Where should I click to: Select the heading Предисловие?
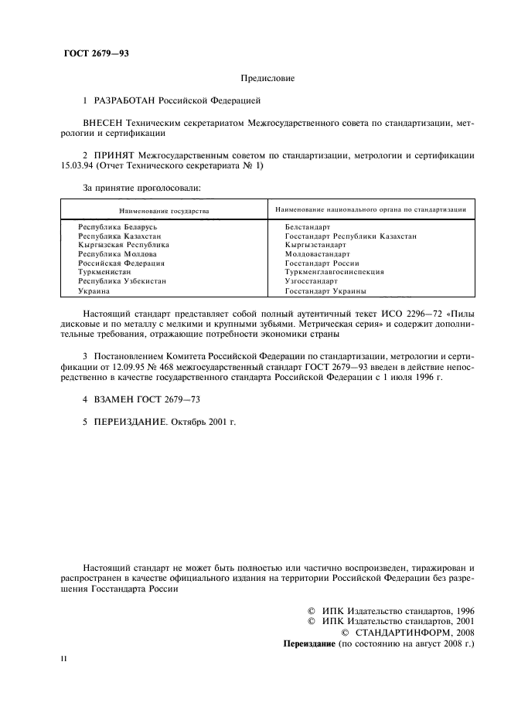tap(267, 78)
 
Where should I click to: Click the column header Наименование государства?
tap(164, 210)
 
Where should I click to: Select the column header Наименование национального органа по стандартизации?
tap(370, 209)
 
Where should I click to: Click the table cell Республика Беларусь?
tap(118, 227)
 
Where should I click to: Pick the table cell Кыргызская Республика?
tap(124, 245)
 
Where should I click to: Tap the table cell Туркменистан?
tap(104, 272)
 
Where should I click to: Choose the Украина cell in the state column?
tap(94, 291)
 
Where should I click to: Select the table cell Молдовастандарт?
tap(317, 254)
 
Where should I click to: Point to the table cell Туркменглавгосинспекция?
tap(334, 272)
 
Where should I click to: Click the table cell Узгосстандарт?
tap(311, 281)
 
